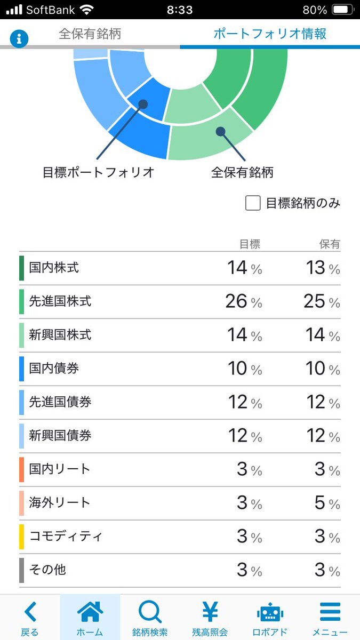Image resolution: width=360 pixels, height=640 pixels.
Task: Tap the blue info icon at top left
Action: click(x=19, y=38)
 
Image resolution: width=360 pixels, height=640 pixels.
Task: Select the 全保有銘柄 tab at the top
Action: click(x=90, y=34)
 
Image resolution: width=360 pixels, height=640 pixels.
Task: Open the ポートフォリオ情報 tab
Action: click(x=270, y=34)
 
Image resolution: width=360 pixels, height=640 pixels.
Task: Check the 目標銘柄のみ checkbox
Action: click(x=253, y=203)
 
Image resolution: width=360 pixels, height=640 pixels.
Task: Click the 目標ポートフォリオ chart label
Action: click(x=99, y=173)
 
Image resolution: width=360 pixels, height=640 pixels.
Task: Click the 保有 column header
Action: click(x=330, y=244)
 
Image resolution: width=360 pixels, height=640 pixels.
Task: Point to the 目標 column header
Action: click(x=250, y=244)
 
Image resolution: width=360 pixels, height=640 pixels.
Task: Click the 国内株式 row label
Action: click(x=54, y=268)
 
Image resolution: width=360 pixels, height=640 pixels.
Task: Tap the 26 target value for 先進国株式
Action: click(x=236, y=301)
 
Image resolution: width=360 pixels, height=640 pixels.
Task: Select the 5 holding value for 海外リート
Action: click(x=319, y=502)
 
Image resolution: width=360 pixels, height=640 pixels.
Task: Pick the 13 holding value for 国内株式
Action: click(x=315, y=268)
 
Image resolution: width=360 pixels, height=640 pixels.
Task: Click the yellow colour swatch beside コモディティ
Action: click(x=22, y=537)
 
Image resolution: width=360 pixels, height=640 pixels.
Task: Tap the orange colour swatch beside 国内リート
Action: click(x=22, y=469)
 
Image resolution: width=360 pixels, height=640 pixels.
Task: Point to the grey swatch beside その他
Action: click(x=22, y=570)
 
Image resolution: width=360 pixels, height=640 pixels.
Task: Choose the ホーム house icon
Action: click(x=90, y=612)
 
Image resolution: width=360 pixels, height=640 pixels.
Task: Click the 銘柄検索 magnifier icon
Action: click(x=150, y=612)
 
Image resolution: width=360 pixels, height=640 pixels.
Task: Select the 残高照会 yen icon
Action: click(x=210, y=612)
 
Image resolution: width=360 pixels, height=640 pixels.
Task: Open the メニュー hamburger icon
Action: click(x=330, y=612)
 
